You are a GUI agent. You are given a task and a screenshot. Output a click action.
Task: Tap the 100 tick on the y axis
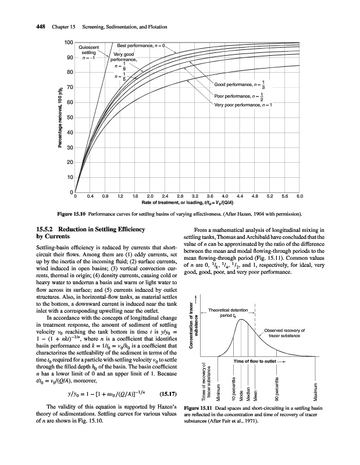[69, 43]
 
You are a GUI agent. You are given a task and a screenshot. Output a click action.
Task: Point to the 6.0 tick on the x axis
[300, 196]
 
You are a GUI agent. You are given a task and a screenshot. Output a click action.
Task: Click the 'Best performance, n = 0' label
[142, 45]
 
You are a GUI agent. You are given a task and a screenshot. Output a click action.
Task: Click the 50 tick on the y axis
[70, 118]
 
